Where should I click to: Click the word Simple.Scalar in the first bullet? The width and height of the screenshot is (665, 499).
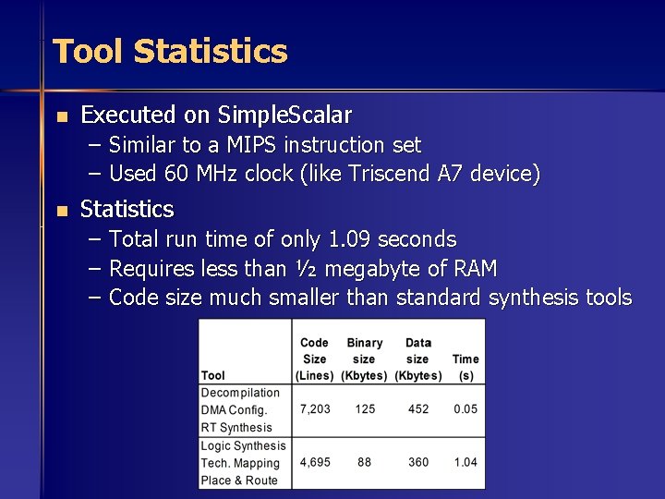click(284, 116)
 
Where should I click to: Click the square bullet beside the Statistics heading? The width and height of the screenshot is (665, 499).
click(61, 211)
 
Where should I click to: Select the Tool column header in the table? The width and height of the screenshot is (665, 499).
click(213, 375)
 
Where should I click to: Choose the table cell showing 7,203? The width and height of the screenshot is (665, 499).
click(315, 408)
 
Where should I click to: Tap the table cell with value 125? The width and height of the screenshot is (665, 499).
click(365, 408)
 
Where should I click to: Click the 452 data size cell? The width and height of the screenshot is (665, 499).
click(418, 408)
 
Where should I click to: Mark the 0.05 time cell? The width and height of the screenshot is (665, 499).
click(465, 408)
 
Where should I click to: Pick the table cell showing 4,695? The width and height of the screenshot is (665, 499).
click(315, 461)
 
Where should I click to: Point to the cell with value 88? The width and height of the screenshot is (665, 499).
click(365, 461)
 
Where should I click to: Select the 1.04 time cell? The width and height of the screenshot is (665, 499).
click(465, 461)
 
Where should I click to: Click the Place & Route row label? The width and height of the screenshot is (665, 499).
click(239, 480)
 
